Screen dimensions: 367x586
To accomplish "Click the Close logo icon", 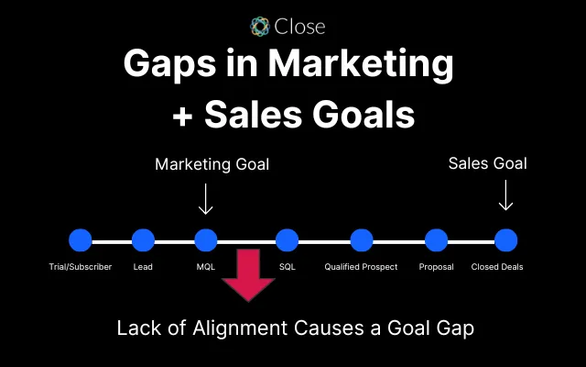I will click(x=260, y=26).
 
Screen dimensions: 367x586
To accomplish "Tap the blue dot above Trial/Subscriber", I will click(x=81, y=240).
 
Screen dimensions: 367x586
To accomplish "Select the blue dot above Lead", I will click(x=143, y=240).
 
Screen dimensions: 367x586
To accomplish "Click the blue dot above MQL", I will click(x=206, y=240).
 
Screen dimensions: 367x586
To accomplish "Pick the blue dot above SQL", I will click(x=288, y=240).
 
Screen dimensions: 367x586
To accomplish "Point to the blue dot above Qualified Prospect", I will click(x=361, y=240).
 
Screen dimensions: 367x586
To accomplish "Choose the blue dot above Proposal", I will click(x=436, y=240).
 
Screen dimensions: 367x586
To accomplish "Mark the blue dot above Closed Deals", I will click(x=506, y=240).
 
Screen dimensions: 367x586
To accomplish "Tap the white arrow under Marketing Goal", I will click(x=206, y=197).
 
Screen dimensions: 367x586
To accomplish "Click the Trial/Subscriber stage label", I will click(x=81, y=267).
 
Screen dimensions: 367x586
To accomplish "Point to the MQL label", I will click(x=206, y=267).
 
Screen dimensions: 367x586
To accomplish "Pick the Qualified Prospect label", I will click(x=361, y=267).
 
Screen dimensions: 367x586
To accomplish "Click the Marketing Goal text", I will click(x=212, y=164).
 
